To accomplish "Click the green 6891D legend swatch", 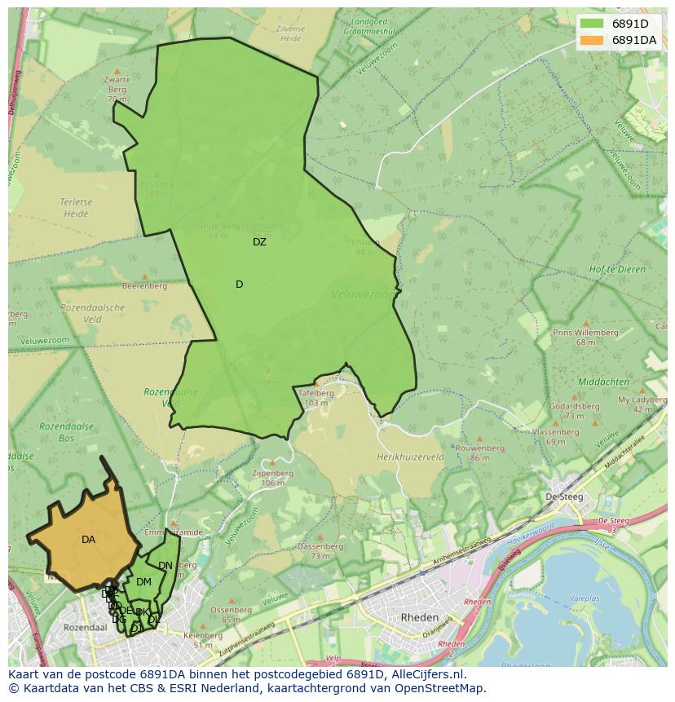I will click(593, 24).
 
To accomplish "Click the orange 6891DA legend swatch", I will click(593, 40).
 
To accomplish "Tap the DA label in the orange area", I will click(88, 540).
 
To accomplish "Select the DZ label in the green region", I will click(259, 242).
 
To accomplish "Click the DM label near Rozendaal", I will click(143, 582).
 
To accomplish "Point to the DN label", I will click(165, 566).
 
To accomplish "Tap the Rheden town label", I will click(420, 617).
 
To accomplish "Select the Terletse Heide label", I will click(75, 208).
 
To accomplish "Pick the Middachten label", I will click(602, 382).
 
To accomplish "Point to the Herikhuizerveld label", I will click(410, 458).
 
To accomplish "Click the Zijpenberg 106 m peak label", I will click(272, 478).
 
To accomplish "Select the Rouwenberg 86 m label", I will click(479, 453).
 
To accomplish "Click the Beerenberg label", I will click(144, 286).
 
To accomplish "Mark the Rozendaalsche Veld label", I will click(92, 314).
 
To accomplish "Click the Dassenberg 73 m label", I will click(320, 551).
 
